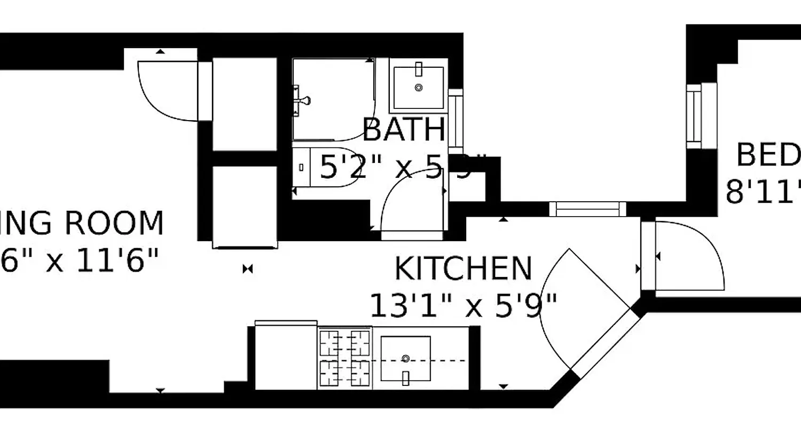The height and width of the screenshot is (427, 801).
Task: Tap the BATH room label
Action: coord(404,130)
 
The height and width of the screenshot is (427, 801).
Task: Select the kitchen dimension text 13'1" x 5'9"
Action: coord(463,306)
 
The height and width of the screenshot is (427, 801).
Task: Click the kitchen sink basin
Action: coord(405,358)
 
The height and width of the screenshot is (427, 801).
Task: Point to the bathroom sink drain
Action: coord(419,87)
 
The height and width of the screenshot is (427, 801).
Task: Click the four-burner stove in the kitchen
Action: coord(345,358)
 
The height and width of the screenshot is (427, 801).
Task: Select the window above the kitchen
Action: coord(587,209)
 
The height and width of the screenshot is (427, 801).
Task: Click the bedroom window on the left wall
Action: coord(694,116)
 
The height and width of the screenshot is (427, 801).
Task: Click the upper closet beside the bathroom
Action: coord(245,104)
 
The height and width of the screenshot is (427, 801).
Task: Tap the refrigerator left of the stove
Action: coord(286,357)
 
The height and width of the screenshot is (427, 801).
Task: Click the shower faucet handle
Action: coord(303,99)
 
